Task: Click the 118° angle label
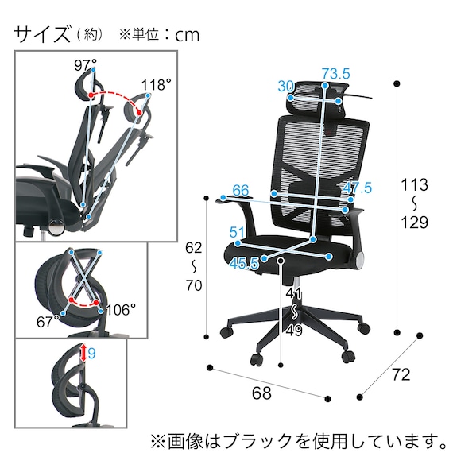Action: (156, 85)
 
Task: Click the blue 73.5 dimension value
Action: (335, 74)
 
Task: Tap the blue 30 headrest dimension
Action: (286, 87)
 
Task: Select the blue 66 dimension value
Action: (241, 191)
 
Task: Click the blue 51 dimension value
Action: (236, 232)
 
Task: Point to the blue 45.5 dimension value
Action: (243, 264)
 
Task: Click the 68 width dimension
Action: (261, 393)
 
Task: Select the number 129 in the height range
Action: (414, 223)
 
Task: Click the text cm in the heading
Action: (187, 35)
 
